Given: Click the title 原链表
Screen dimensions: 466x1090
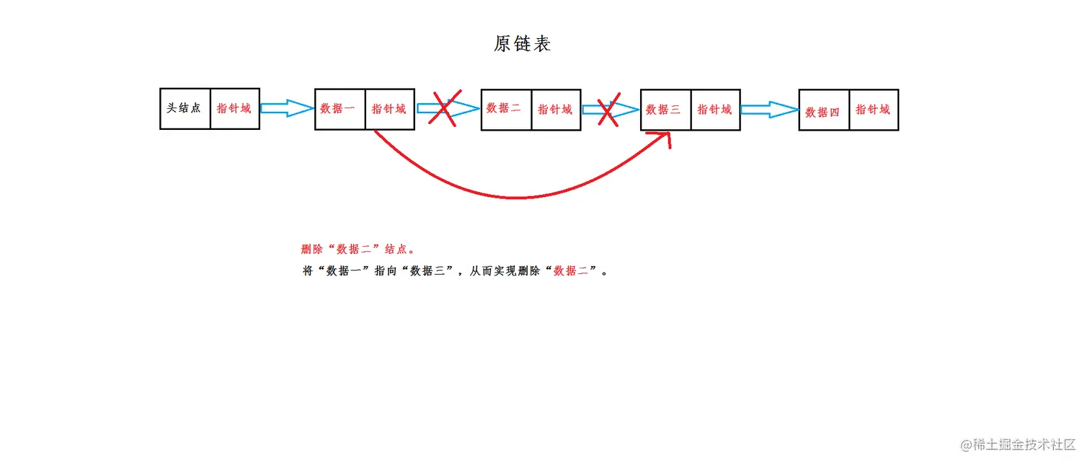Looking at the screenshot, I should pyautogui.click(x=523, y=44).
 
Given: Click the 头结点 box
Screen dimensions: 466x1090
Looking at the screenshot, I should pyautogui.click(x=185, y=109).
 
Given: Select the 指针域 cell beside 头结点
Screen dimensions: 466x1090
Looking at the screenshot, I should pyautogui.click(x=235, y=109).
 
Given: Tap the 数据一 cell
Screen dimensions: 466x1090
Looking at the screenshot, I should pyautogui.click(x=340, y=110).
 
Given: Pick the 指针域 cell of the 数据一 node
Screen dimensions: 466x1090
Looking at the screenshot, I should pyautogui.click(x=389, y=110).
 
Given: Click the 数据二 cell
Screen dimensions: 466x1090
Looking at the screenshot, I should pyautogui.click(x=505, y=110).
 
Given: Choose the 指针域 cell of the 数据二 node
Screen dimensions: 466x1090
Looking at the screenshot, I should pyautogui.click(x=556, y=110).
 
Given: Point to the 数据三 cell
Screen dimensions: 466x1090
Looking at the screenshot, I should pyautogui.click(x=665, y=110).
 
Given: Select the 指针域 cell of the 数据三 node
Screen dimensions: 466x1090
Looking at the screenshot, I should pyautogui.click(x=715, y=110).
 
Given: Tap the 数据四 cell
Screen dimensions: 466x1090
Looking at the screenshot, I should pyautogui.click(x=823, y=110).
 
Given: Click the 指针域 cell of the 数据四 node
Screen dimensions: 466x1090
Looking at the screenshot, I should pyautogui.click(x=874, y=110).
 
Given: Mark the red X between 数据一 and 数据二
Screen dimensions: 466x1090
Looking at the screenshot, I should pyautogui.click(x=445, y=110).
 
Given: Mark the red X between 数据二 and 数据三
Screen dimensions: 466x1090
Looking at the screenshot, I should pyautogui.click(x=608, y=110).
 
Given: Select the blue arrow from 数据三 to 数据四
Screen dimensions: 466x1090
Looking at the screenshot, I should pyautogui.click(x=769, y=110).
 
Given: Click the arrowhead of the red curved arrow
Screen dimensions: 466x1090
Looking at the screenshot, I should pyautogui.click(x=667, y=137).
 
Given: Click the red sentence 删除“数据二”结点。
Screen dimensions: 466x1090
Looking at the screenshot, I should pyautogui.click(x=358, y=250).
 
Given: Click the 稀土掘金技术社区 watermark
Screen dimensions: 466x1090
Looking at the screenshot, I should pyautogui.click(x=1018, y=444).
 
